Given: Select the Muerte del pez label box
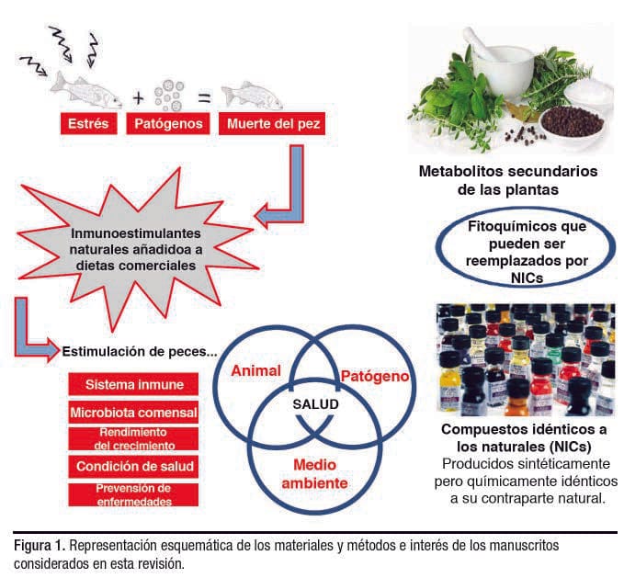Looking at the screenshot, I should [x=263, y=122].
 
